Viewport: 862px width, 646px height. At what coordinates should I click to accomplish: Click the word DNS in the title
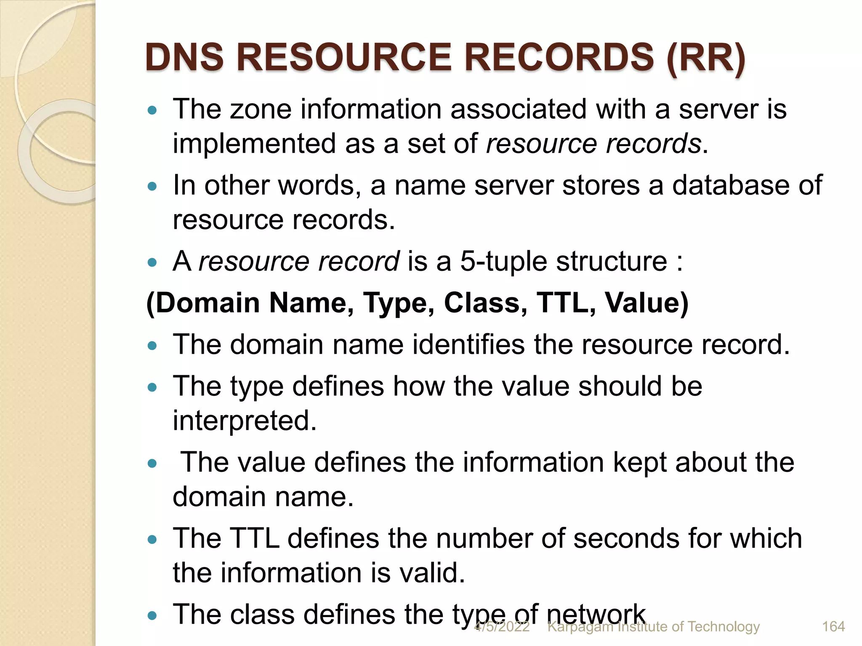click(x=185, y=58)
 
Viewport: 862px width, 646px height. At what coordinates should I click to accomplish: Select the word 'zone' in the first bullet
click(x=261, y=109)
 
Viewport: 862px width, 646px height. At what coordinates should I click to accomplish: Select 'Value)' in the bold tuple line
click(x=646, y=303)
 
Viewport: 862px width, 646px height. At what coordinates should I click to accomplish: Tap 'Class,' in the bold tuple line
click(x=485, y=303)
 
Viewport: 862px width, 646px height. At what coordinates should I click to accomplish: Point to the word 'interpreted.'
click(x=245, y=421)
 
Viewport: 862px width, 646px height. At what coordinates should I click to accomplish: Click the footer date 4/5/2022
click(x=502, y=627)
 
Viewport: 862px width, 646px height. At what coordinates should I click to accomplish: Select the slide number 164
click(x=833, y=627)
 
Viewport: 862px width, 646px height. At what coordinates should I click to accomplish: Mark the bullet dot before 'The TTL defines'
click(x=152, y=540)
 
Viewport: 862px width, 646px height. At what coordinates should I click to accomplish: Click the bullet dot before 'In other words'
click(x=152, y=186)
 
